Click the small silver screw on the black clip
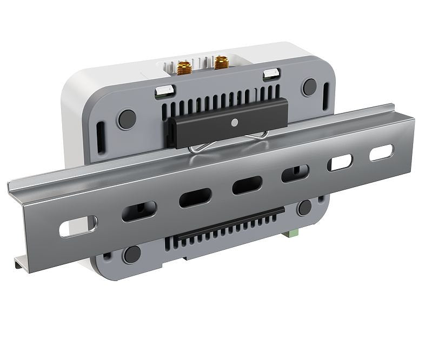(234, 122)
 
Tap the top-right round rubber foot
(310, 86)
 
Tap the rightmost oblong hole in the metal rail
(382, 153)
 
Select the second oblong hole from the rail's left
(139, 211)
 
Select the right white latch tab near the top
(271, 75)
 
